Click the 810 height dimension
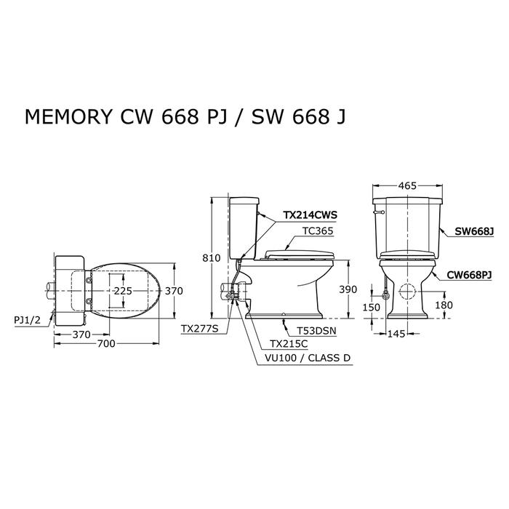[212, 258]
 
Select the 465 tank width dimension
[407, 186]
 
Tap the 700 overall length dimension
[106, 343]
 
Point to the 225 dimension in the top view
[123, 291]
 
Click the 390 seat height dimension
[348, 289]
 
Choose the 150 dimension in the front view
[371, 307]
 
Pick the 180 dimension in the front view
[444, 305]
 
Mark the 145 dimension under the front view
[396, 334]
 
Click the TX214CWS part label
[310, 215]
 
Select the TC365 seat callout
[318, 231]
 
